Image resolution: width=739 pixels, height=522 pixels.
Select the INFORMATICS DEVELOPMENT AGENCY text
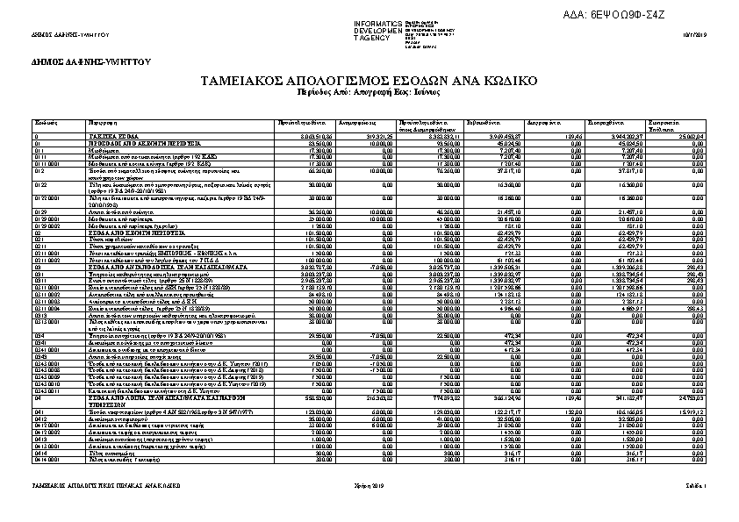coord(377,31)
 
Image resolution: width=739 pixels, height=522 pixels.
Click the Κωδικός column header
coord(47,123)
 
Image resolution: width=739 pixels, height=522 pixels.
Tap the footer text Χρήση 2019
coord(372,485)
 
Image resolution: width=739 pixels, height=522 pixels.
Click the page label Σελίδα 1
coord(697,485)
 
